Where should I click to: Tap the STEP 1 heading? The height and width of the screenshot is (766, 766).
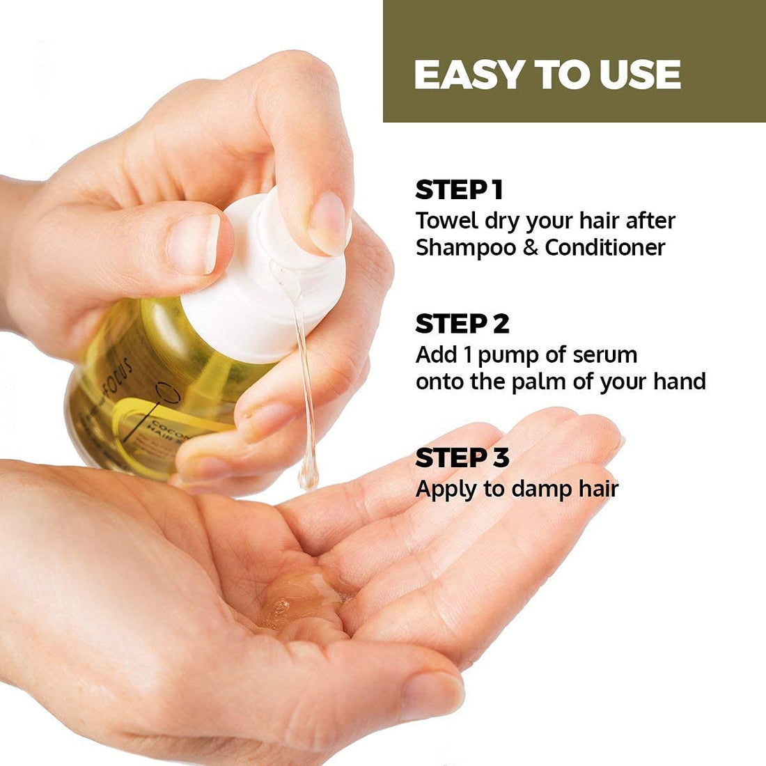point(459,190)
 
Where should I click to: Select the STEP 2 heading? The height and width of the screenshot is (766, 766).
point(462,324)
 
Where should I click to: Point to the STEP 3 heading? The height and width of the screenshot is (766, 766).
point(462,458)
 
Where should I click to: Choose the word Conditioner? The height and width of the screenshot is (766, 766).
point(605,248)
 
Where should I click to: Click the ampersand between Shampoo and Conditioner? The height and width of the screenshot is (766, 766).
point(531,249)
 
